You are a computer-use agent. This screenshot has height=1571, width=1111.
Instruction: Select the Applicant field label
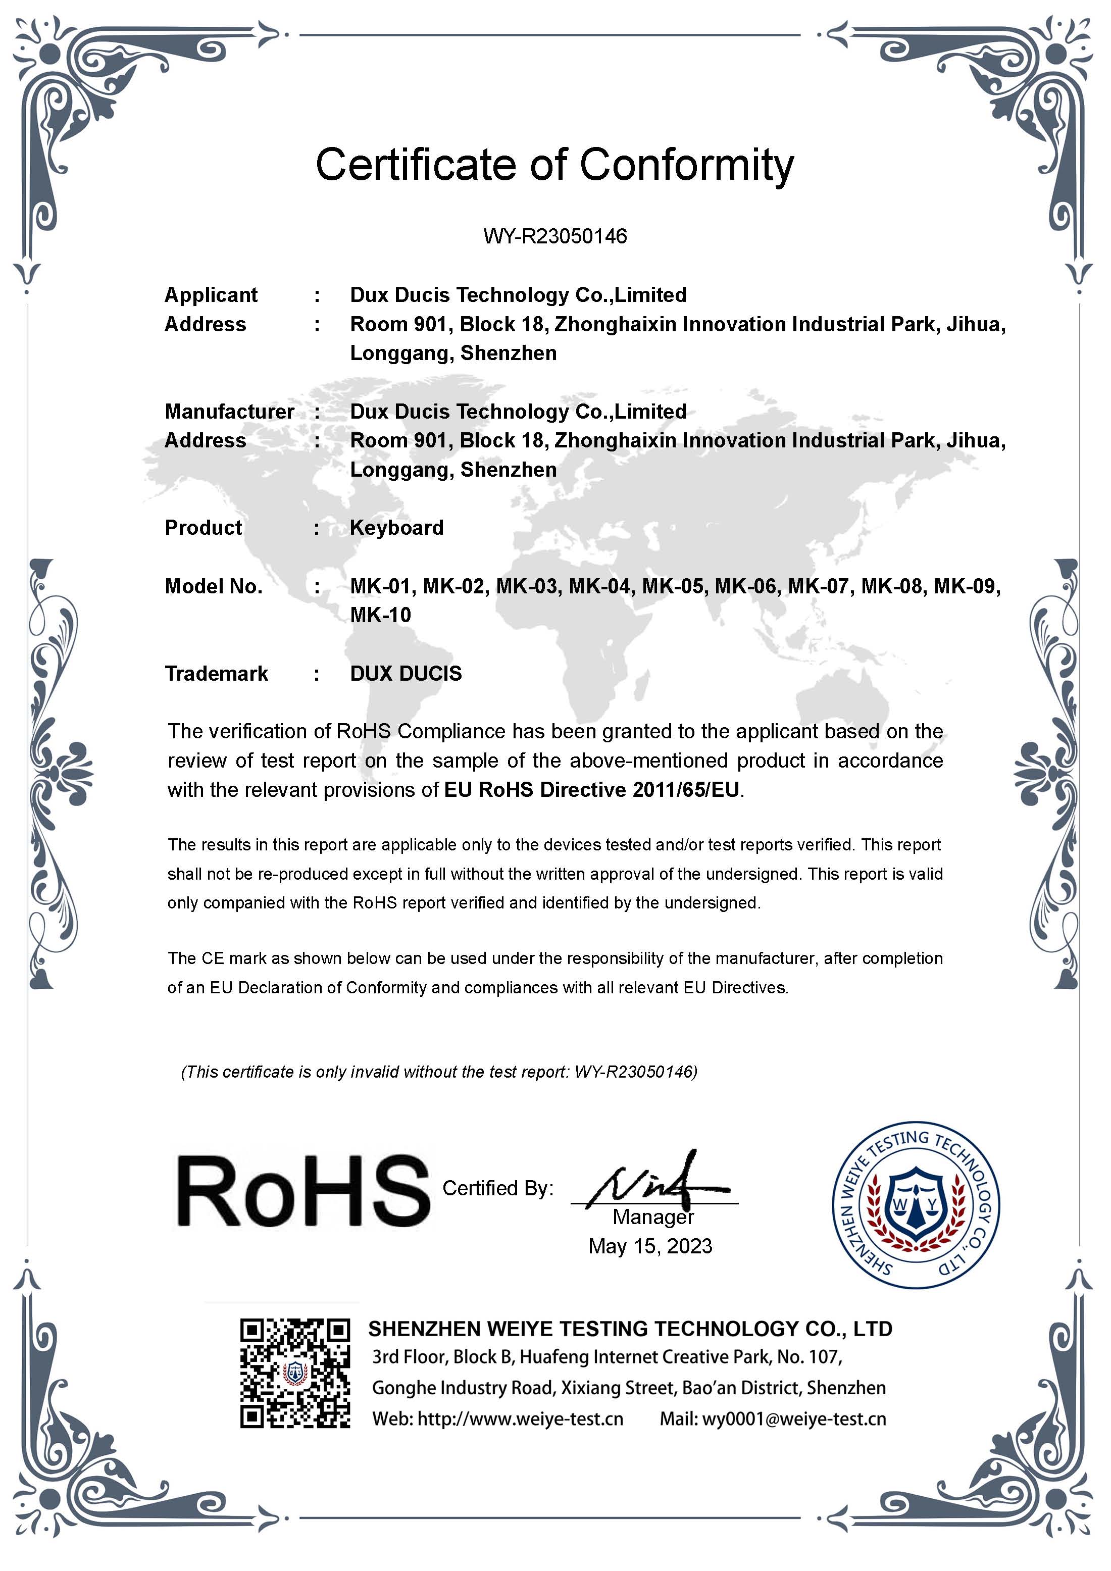pos(211,295)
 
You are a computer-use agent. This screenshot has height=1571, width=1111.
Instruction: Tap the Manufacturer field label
pos(229,411)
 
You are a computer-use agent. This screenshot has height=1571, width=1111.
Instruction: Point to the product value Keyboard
pos(397,528)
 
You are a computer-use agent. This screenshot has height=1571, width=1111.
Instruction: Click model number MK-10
pos(380,615)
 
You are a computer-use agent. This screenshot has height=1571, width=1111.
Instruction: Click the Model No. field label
pos(214,586)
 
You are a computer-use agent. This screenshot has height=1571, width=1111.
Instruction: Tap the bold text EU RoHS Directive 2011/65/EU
pos(592,790)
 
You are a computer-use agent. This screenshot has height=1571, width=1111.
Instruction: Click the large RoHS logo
pos(303,1191)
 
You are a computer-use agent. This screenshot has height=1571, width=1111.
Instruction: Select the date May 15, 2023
pos(650,1246)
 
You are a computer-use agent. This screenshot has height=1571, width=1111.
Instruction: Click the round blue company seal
pos(916,1205)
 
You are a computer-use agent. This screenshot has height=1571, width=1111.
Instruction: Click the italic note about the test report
pos(438,1072)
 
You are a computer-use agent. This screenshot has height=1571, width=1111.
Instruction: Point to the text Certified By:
pos(497,1189)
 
